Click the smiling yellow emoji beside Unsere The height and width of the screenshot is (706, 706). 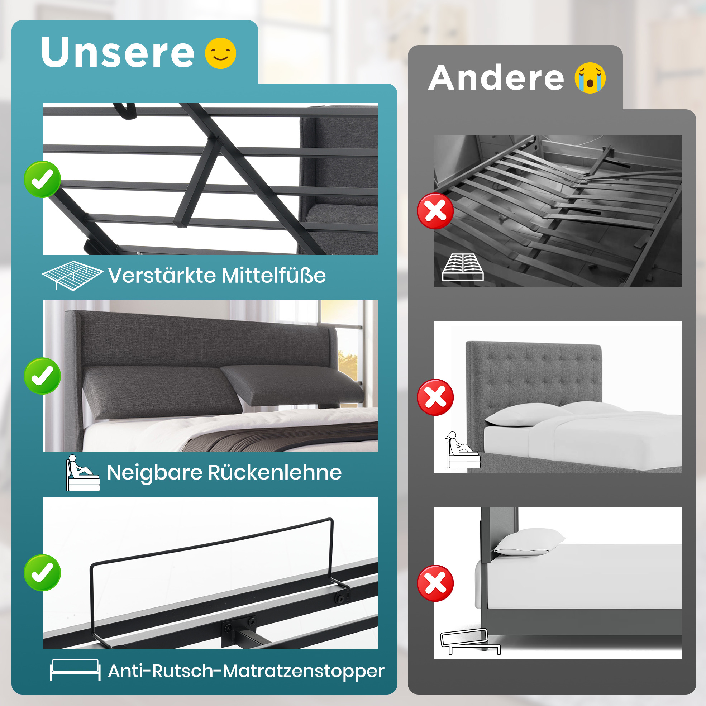tap(220, 53)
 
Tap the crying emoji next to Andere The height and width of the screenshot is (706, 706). tap(590, 78)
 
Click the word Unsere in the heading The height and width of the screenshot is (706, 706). tap(118, 52)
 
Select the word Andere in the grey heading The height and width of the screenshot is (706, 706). tap(496, 77)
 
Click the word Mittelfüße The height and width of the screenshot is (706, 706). tap(273, 275)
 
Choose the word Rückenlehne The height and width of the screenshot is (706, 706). tap(275, 472)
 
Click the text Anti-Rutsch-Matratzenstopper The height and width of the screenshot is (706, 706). tap(246, 671)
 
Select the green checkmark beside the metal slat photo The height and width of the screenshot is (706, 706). tap(42, 179)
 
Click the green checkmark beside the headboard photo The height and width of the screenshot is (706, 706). tap(42, 376)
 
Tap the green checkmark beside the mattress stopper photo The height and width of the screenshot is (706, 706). tap(42, 573)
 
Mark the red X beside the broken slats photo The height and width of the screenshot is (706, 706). tap(435, 211)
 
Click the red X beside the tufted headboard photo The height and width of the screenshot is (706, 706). tap(435, 397)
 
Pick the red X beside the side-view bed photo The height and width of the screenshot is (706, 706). tap(435, 583)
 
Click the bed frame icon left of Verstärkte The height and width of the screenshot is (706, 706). tap(72, 276)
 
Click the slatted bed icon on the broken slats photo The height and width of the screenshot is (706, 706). tap(463, 267)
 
